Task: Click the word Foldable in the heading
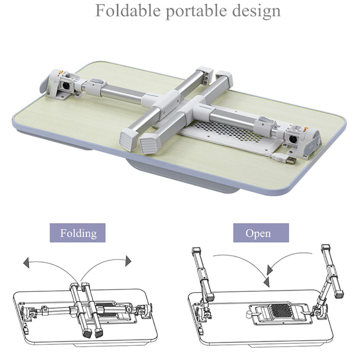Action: point(128,11)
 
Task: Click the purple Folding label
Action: point(78,233)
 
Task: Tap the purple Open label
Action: point(261,233)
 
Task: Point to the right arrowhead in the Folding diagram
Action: point(129,261)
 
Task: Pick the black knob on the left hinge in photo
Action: point(65,86)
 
